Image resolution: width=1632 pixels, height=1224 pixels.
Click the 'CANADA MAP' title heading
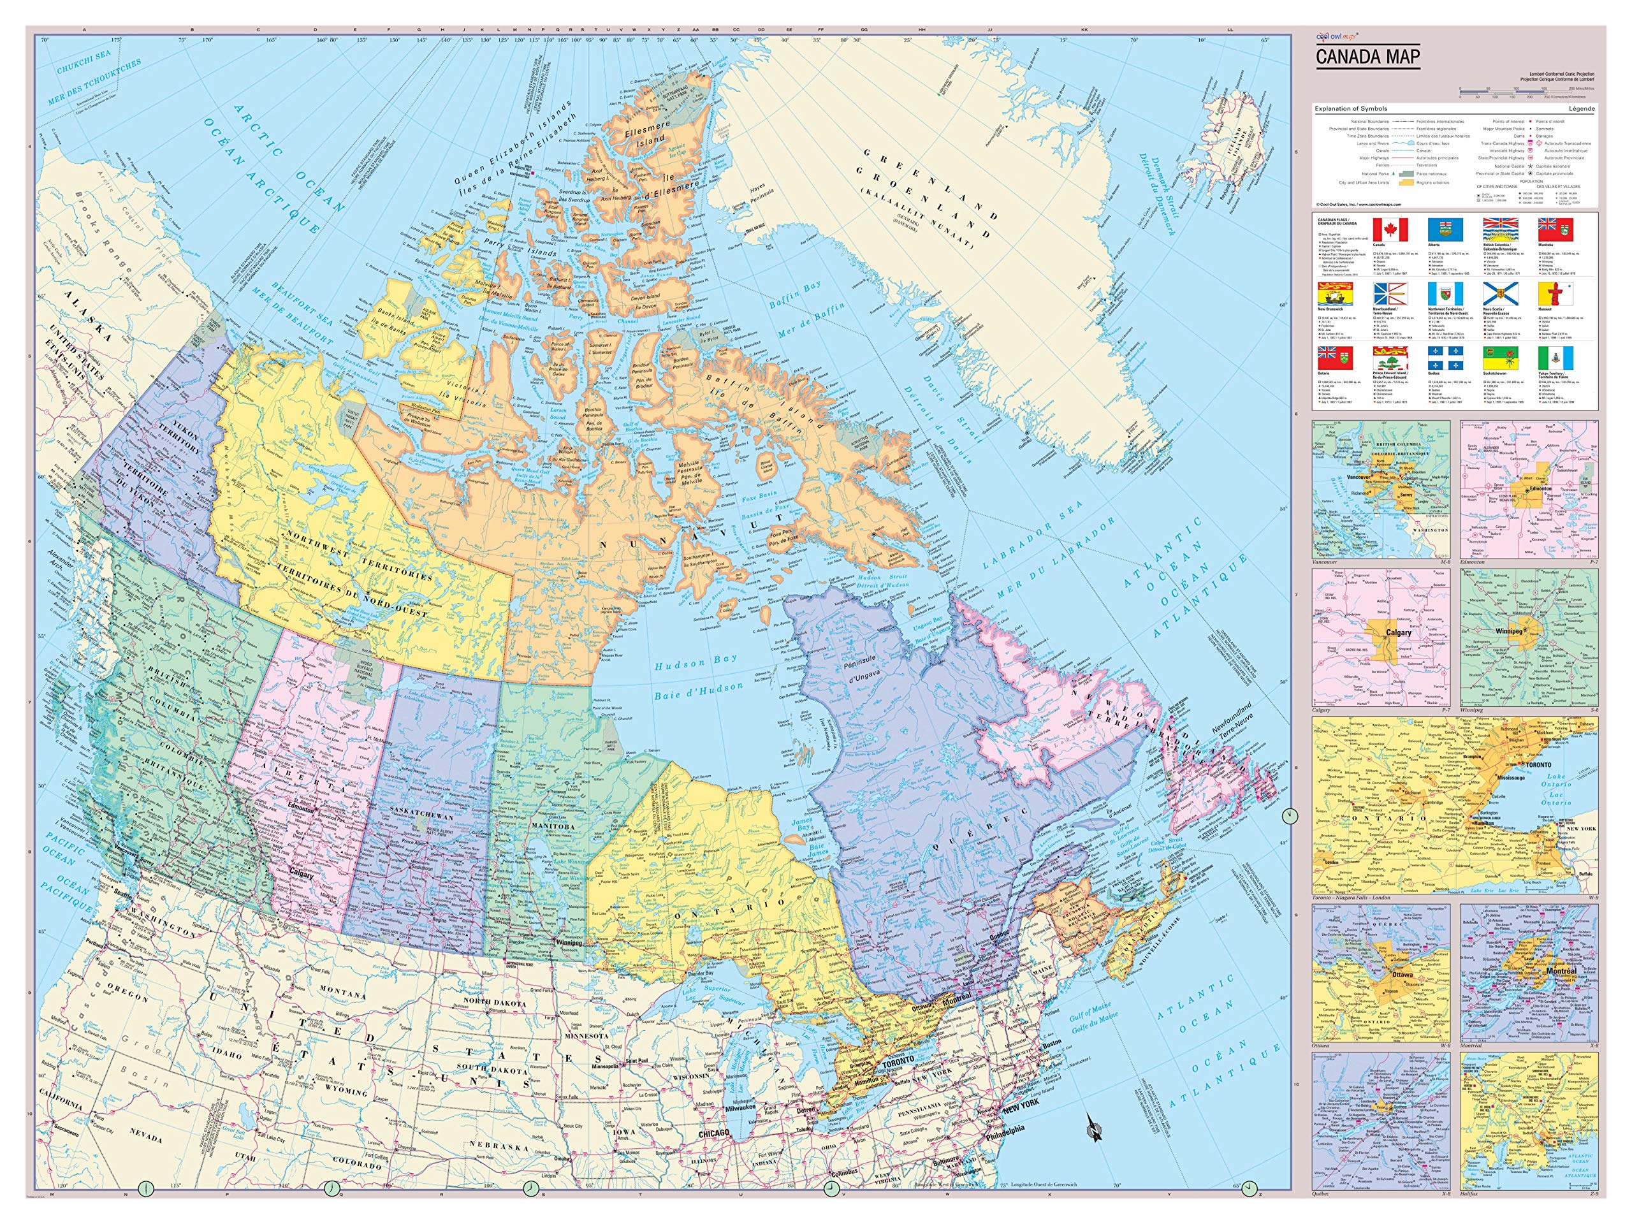[1368, 57]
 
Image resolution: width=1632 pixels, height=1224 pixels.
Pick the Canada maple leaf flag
[1390, 229]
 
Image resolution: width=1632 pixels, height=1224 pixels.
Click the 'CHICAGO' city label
[713, 1132]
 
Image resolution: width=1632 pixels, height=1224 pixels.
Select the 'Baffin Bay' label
[796, 296]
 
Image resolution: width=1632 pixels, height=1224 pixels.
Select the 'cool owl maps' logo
[1334, 34]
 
